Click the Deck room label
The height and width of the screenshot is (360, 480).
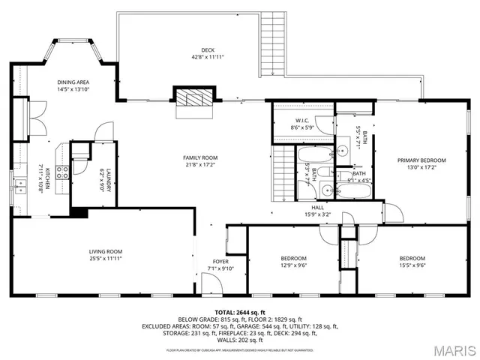point(197,49)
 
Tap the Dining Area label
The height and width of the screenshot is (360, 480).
point(73,82)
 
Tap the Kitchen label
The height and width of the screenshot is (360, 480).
point(46,180)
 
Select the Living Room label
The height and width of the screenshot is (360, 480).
point(106,251)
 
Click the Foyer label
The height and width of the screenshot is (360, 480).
point(220,261)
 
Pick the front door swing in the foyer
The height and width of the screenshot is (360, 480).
point(213,283)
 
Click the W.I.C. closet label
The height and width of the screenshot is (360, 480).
point(302,121)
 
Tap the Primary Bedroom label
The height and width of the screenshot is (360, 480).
point(421,160)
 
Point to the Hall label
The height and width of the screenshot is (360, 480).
point(318,208)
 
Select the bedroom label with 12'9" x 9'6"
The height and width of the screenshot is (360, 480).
point(293,259)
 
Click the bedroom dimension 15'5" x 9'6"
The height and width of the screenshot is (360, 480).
point(412,265)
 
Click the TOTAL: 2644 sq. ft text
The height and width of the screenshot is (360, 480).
point(240,311)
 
